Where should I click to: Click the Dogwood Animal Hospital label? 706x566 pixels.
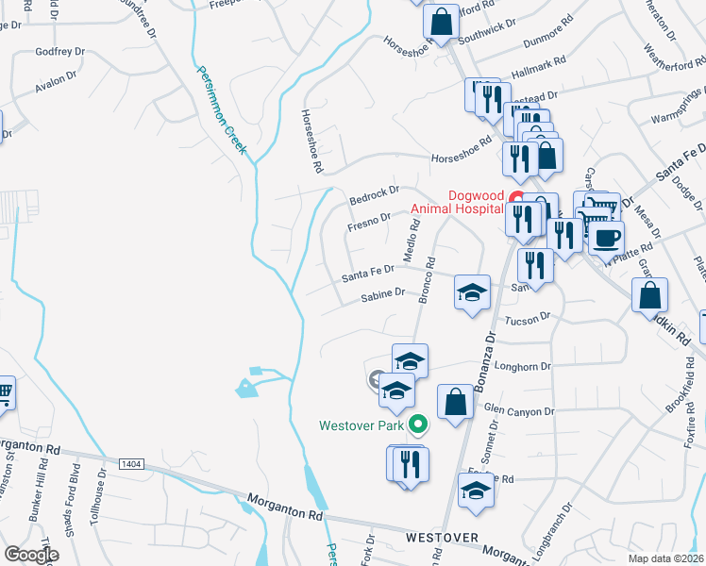tap(456, 203)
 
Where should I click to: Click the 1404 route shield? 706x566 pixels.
tap(132, 463)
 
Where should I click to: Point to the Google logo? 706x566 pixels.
tap(31, 554)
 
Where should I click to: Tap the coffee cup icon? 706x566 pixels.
tap(606, 237)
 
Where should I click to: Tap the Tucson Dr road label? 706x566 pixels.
tap(527, 321)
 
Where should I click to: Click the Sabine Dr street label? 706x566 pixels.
tap(383, 296)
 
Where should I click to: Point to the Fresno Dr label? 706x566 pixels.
tap(368, 222)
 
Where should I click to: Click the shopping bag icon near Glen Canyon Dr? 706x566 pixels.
tap(455, 400)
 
